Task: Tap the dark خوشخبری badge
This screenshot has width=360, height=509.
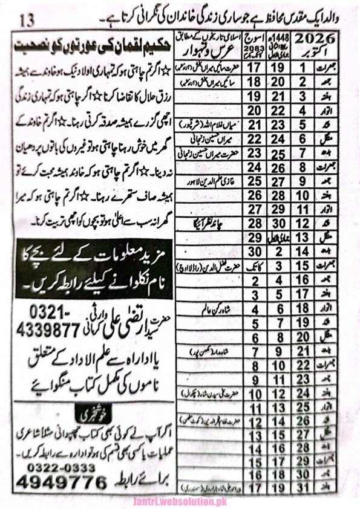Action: [91, 417]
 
